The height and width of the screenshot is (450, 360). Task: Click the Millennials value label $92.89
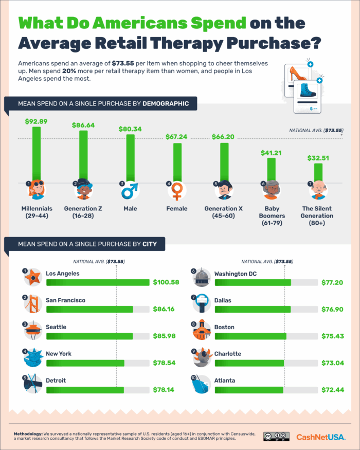pyautogui.click(x=36, y=121)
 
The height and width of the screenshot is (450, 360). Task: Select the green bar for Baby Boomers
pyautogui.click(x=272, y=170)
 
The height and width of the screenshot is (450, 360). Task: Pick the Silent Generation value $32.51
pyautogui.click(x=318, y=158)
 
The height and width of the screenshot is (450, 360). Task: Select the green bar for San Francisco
pyautogui.click(x=89, y=309)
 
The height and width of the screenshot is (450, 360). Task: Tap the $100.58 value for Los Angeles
pyautogui.click(x=166, y=282)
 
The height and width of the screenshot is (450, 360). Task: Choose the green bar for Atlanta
pyautogui.click(x=249, y=389)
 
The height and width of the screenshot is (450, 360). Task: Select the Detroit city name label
pyautogui.click(x=57, y=381)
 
